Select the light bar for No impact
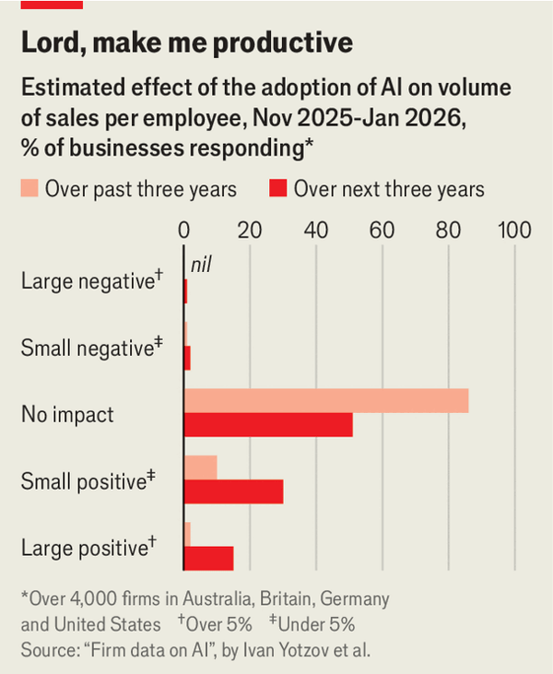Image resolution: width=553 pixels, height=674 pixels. pyautogui.click(x=326, y=401)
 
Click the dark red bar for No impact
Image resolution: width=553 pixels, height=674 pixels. pyautogui.click(x=268, y=425)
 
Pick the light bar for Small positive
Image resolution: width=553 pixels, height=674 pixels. pyautogui.click(x=200, y=467)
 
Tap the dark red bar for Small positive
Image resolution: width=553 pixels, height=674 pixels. pyautogui.click(x=233, y=491)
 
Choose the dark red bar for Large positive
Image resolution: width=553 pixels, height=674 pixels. pyautogui.click(x=208, y=558)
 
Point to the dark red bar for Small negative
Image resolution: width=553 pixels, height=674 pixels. pyautogui.click(x=187, y=359)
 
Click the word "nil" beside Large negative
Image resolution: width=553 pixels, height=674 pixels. pyautogui.click(x=202, y=266)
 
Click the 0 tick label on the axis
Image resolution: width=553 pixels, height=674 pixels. pyautogui.click(x=184, y=230)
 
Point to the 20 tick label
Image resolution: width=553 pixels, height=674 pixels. pyautogui.click(x=250, y=230)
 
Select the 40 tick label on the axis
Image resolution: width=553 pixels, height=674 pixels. pyautogui.click(x=316, y=230)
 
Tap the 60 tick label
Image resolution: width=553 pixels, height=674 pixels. pyautogui.click(x=382, y=230)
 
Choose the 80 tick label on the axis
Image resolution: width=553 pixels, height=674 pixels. pyautogui.click(x=448, y=230)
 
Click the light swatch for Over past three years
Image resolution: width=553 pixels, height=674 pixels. pyautogui.click(x=30, y=190)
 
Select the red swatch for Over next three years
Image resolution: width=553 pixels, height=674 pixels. pyautogui.click(x=278, y=190)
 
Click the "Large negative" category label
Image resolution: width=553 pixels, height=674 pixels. pyautogui.click(x=85, y=281)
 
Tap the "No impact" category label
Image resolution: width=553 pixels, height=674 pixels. pyautogui.click(x=67, y=414)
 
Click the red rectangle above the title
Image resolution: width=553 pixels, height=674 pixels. pyautogui.click(x=52, y=5)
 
